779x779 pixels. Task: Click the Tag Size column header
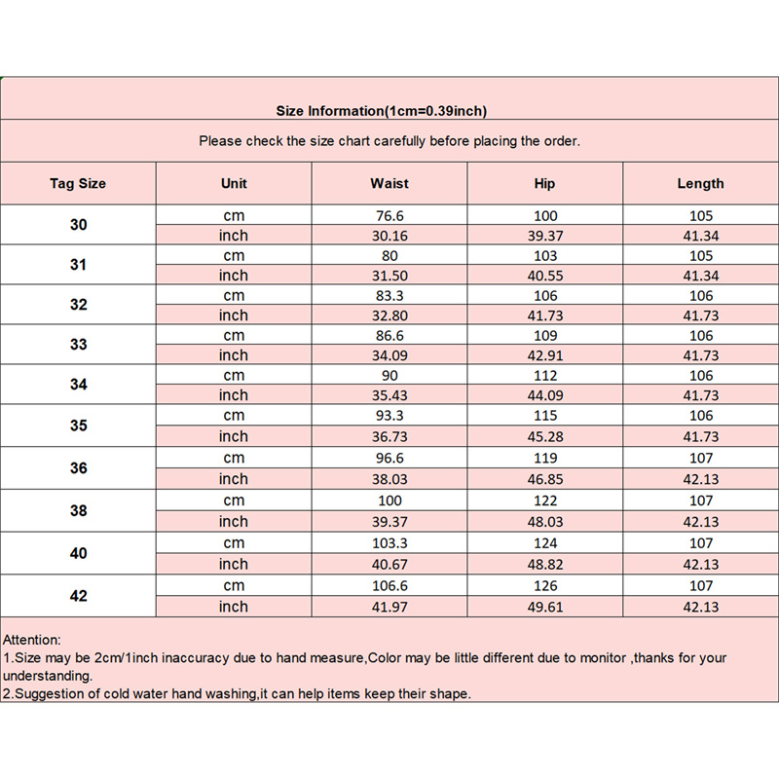click(78, 183)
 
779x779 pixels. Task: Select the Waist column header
click(389, 183)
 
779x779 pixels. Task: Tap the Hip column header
click(545, 183)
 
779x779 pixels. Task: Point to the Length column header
click(701, 183)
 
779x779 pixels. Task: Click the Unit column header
click(234, 183)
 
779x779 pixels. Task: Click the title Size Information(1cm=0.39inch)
click(382, 110)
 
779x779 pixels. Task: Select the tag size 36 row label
click(78, 467)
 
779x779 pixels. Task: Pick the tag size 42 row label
click(78, 596)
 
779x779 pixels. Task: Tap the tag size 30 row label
click(78, 225)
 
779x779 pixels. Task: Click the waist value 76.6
click(389, 215)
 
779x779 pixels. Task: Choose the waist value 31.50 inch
click(389, 276)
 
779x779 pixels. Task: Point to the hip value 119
click(545, 458)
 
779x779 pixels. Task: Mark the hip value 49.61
click(545, 607)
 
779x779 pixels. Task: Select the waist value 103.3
click(389, 543)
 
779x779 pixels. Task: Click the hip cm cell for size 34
click(545, 375)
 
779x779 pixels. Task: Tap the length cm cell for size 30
click(701, 215)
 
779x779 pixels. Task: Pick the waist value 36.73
click(389, 436)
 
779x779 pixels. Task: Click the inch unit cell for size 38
click(234, 521)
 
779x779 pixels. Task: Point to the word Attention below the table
click(32, 640)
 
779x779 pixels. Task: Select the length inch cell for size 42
click(701, 607)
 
